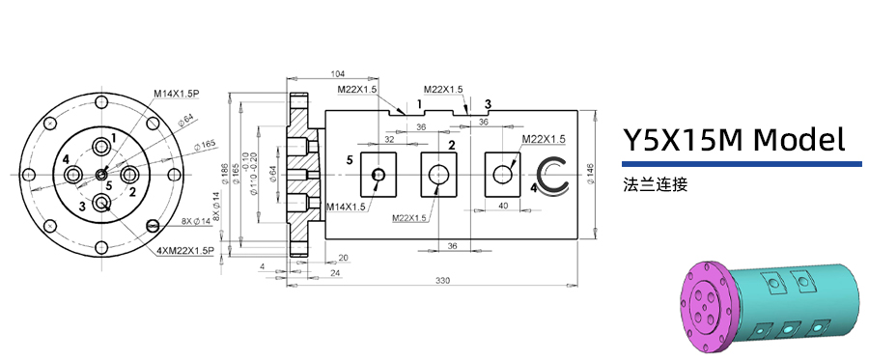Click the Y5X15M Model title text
point(733,140)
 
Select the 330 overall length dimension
point(443,280)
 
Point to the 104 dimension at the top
point(338,74)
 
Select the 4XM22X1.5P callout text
point(186,251)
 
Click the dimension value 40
point(503,206)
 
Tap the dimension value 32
point(389,139)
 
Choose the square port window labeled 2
point(439,175)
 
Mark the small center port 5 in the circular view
point(102,175)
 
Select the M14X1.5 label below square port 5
point(346,207)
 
